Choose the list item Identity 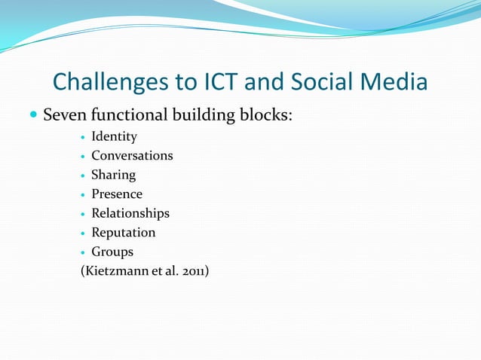(114, 136)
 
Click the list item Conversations (132, 156)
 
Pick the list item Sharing (113, 175)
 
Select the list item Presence (117, 194)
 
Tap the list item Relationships (130, 213)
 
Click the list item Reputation (123, 233)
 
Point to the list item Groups (112, 252)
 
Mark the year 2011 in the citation (193, 270)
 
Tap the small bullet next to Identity (83, 137)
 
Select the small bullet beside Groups (83, 252)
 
